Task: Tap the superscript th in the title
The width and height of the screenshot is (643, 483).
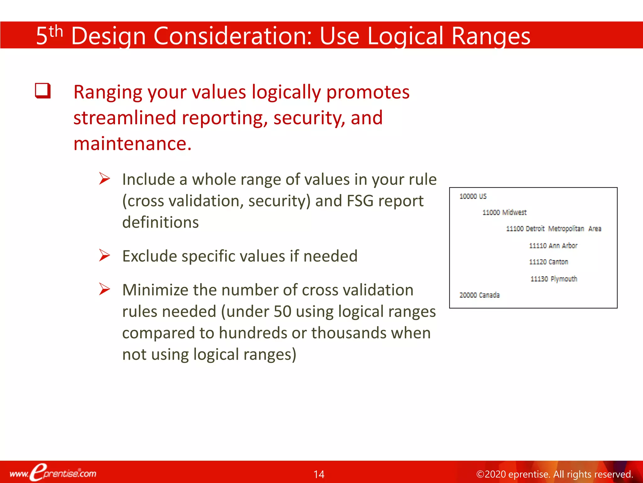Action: (x=56, y=31)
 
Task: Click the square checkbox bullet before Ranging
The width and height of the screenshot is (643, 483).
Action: (x=43, y=91)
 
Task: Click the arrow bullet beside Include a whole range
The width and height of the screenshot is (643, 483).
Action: (x=104, y=179)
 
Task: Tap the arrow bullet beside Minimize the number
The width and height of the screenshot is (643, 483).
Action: (x=104, y=289)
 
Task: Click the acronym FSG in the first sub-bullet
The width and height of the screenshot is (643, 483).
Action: (x=360, y=201)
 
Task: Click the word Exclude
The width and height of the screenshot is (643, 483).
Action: (x=150, y=256)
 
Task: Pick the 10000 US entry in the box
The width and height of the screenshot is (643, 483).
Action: (x=473, y=197)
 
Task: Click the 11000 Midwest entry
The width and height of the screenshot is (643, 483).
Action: (x=504, y=213)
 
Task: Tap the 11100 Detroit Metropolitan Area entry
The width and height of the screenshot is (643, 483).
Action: (x=553, y=229)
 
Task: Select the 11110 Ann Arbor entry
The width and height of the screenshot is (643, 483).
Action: (x=553, y=246)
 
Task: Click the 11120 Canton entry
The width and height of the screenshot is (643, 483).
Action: (x=548, y=262)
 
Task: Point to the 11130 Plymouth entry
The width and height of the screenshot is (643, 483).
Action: (x=554, y=279)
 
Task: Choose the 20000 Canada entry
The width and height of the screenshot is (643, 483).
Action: (x=479, y=295)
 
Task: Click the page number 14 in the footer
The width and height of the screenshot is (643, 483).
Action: (x=319, y=474)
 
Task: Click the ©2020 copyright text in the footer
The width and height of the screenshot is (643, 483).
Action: (x=554, y=474)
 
